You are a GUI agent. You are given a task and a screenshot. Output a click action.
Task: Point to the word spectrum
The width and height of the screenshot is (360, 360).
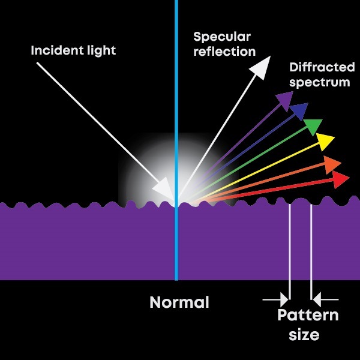[319, 82]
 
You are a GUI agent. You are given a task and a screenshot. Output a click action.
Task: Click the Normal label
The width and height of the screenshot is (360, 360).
[179, 302]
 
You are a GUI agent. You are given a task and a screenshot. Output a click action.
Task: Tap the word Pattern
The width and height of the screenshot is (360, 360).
[308, 316]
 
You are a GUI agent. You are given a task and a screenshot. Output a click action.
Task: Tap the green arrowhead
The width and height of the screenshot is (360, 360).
[313, 126]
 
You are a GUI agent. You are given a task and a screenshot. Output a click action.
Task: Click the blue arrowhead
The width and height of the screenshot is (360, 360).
[299, 111]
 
